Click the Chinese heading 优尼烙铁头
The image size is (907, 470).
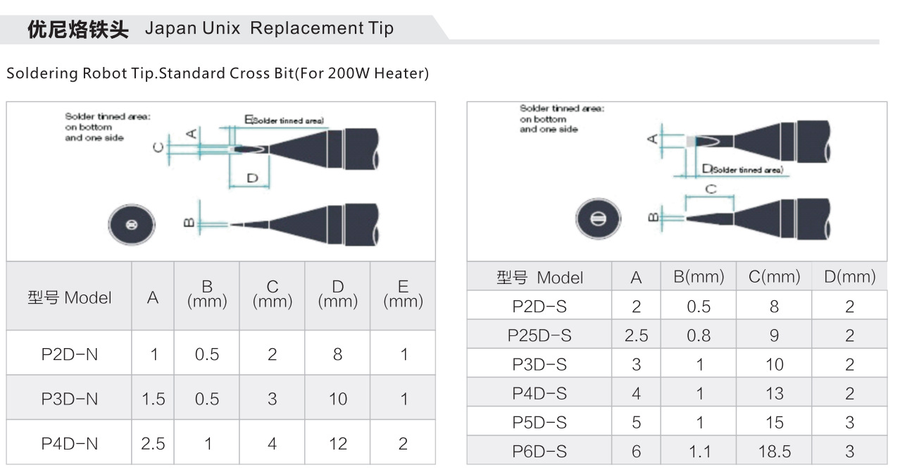[77, 29]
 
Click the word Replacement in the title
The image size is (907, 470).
[307, 28]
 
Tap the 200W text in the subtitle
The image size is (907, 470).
[349, 73]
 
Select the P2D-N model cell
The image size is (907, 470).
[70, 354]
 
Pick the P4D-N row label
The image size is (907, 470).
[70, 444]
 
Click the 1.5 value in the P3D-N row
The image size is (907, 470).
[153, 399]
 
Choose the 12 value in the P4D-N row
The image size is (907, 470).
[338, 444]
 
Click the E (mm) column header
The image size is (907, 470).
[404, 294]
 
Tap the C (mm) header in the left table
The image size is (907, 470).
[273, 294]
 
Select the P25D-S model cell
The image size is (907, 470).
[539, 335]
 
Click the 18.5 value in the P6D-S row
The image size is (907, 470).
[774, 452]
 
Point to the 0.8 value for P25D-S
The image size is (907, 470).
[699, 335]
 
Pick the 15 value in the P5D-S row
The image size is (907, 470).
[774, 422]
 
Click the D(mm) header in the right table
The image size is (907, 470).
[850, 276]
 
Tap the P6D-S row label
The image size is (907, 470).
[539, 452]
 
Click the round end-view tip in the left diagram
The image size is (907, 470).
[132, 225]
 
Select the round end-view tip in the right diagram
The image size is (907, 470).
[598, 218]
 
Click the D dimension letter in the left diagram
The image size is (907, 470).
[252, 178]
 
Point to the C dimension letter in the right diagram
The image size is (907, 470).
[711, 190]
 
